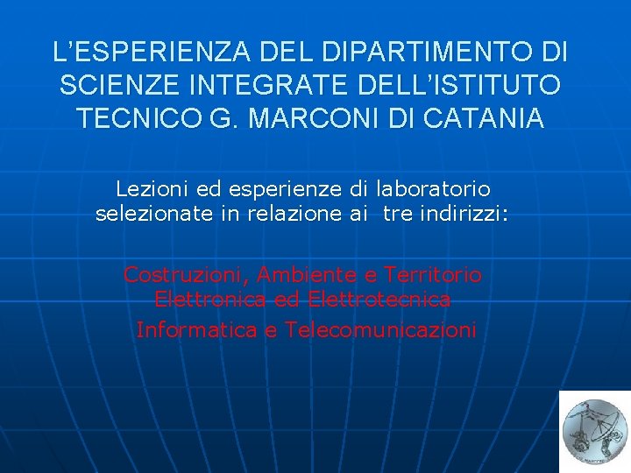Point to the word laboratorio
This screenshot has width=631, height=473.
(433, 188)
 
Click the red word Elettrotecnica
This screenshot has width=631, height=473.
(379, 300)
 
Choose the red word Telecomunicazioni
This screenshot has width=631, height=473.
(380, 329)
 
